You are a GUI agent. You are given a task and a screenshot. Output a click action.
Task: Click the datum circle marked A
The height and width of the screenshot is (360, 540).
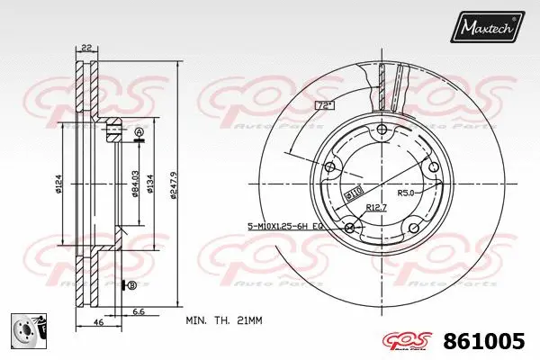[139, 133]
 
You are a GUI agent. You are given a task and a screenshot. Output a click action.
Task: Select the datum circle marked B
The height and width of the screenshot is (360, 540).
[132, 285]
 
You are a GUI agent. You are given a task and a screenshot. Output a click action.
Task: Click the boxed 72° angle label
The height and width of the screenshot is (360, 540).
[324, 106]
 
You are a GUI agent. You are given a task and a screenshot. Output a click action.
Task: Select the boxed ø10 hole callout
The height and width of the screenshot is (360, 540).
[353, 193]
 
